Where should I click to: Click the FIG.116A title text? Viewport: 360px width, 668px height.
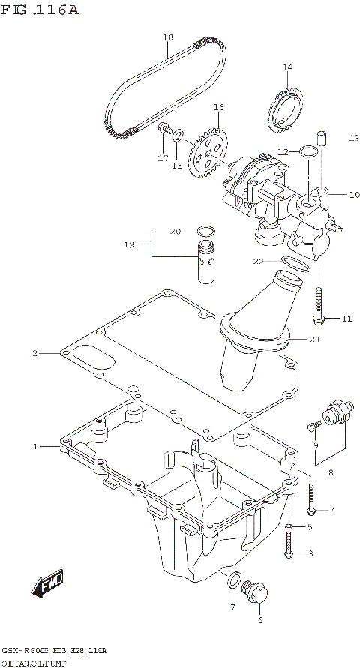pos(40,10)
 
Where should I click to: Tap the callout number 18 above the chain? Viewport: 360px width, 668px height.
pos(167,37)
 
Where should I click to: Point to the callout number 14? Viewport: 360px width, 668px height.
pos(286,68)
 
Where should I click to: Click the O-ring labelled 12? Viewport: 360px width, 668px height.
pos(307,153)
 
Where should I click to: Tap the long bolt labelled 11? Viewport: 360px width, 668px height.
pos(320,305)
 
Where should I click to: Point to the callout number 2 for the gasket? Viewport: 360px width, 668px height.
pos(34,352)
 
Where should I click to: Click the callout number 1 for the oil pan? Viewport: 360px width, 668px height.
pos(34,447)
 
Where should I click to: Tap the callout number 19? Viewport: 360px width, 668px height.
pos(129,244)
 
